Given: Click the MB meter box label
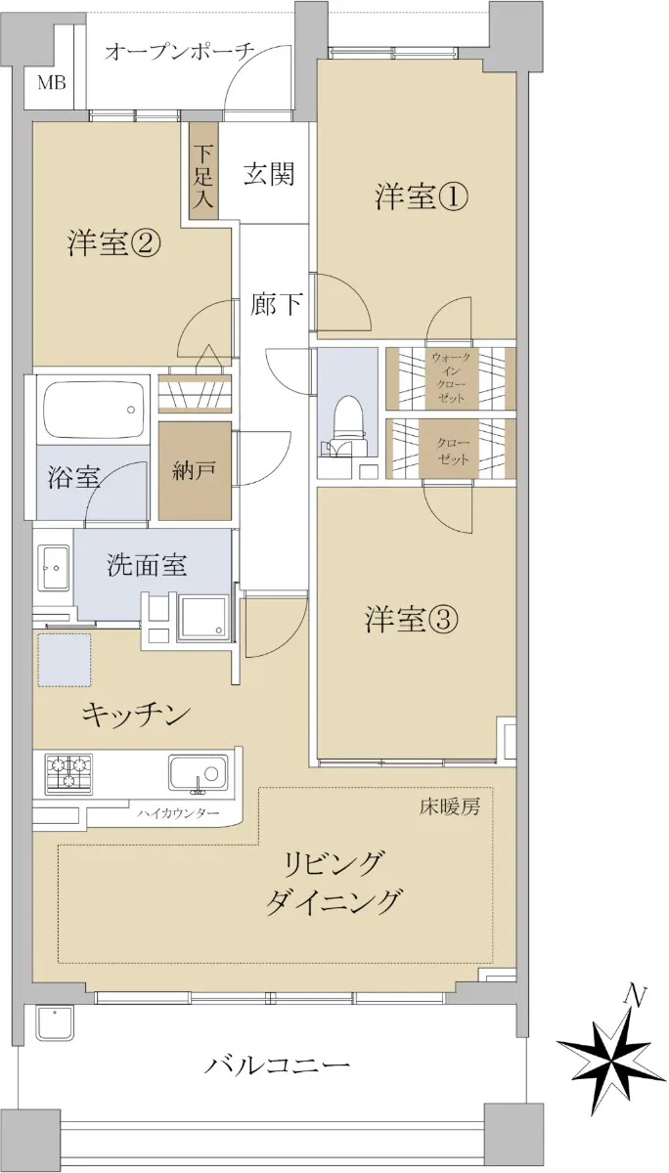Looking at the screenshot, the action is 51,83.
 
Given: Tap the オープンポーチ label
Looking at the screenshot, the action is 179,52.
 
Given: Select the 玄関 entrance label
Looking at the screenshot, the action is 269,174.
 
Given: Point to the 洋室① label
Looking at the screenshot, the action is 422,197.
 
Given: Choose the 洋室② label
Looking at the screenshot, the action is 113,243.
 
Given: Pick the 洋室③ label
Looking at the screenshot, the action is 412,620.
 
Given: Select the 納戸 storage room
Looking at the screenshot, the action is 195,471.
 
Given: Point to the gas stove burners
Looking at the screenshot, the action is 68,772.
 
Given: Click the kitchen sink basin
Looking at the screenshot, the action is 198,773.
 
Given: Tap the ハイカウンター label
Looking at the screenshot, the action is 178,813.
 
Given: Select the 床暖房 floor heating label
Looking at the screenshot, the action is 450,808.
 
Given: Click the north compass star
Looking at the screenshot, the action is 611,1055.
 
